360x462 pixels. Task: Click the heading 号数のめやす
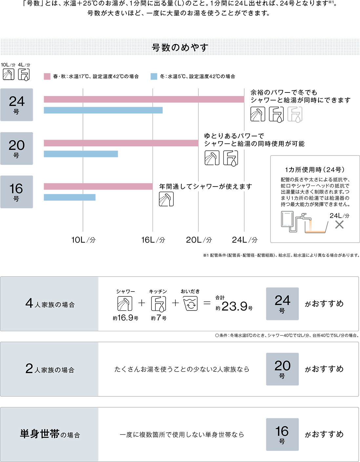[180, 48]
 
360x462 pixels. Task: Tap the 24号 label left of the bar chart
[17, 104]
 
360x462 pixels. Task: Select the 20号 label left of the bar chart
[17, 148]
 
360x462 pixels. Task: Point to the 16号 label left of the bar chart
[16, 191]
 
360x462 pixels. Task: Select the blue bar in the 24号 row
[105, 115]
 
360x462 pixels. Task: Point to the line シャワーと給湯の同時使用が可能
[254, 144]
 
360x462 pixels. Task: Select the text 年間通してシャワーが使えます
[206, 187]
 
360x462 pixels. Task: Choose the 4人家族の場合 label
[50, 304]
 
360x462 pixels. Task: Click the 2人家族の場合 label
[50, 369]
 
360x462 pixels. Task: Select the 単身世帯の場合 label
[50, 434]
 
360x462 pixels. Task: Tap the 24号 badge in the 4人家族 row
[282, 304]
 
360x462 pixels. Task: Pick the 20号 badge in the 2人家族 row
[282, 369]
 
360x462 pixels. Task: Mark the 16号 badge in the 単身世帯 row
[282, 434]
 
